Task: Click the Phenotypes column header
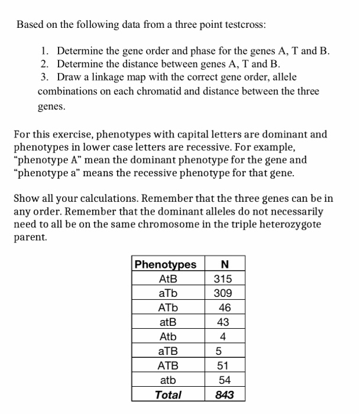[x=166, y=264]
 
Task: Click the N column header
[x=223, y=264]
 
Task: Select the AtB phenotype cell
[x=168, y=279]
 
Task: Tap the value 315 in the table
[x=223, y=279]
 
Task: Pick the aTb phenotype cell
[x=168, y=293]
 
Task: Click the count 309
[x=223, y=293]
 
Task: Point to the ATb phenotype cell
[x=168, y=308]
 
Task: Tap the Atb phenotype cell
[x=168, y=337]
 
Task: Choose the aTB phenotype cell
[x=168, y=351]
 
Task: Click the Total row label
[x=168, y=394]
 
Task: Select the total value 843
[x=223, y=394]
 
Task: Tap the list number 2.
[x=44, y=64]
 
